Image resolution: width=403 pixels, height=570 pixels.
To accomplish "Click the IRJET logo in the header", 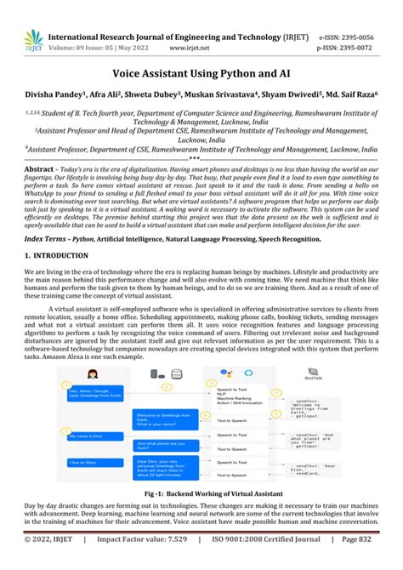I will [x=32, y=39].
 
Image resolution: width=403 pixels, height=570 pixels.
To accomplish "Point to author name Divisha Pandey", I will [x=62, y=96].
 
